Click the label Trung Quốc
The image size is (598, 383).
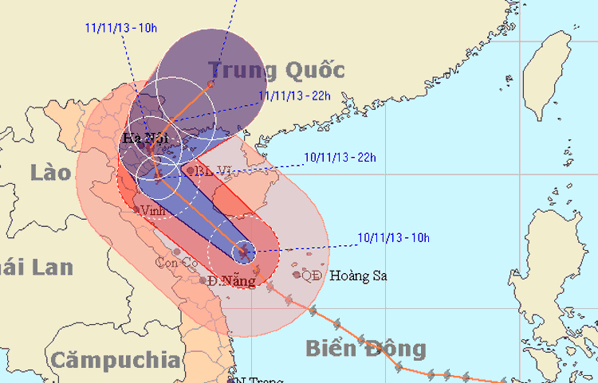tap(277, 70)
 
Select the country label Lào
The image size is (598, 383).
tap(53, 170)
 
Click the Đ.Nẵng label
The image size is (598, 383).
tap(230, 281)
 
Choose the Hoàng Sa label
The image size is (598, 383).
tap(358, 276)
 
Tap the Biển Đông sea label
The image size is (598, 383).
tap(365, 348)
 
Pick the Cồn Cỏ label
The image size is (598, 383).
tap(177, 262)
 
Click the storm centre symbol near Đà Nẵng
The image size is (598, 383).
tap(244, 253)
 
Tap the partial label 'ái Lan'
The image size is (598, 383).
tap(36, 267)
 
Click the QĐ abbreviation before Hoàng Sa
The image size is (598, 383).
tap(311, 276)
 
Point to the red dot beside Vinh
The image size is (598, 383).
tap(137, 210)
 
